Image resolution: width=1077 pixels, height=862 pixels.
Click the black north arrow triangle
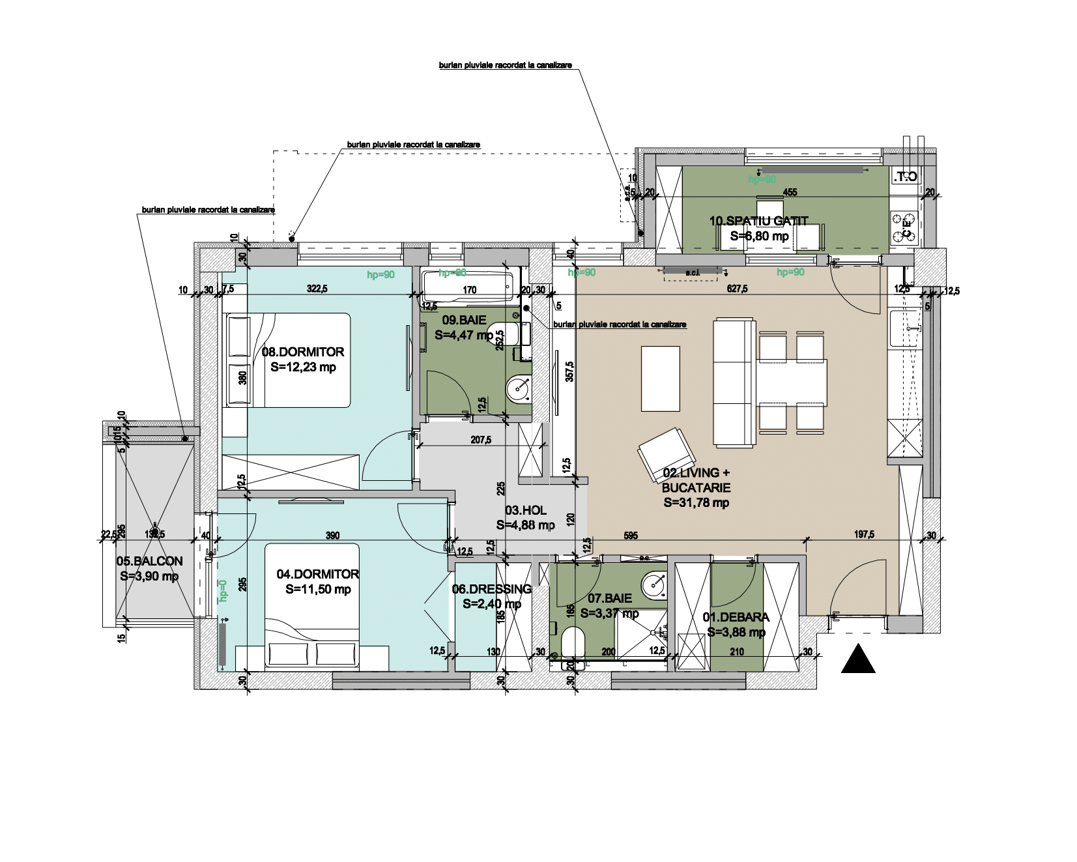click(x=858, y=660)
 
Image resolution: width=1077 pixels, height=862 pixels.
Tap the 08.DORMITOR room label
click(x=302, y=352)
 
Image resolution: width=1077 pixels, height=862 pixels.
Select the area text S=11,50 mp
click(x=318, y=590)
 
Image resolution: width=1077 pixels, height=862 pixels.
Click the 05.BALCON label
click(x=149, y=561)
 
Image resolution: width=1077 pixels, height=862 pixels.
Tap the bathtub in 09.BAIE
click(x=468, y=285)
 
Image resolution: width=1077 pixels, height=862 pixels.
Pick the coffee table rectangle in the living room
click(x=661, y=379)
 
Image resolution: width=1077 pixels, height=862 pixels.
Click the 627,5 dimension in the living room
click(x=737, y=289)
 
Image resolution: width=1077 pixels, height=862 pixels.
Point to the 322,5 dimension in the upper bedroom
click(x=317, y=289)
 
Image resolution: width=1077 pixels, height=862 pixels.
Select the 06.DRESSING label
click(x=492, y=589)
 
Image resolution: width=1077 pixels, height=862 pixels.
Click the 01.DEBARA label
click(x=736, y=617)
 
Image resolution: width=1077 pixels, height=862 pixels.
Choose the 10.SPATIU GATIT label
click(x=758, y=222)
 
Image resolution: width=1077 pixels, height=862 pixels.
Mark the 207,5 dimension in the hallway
click(x=481, y=440)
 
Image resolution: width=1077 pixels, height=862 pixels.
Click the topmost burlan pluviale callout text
click(x=505, y=65)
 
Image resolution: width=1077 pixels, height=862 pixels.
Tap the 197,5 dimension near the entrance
click(x=864, y=535)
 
